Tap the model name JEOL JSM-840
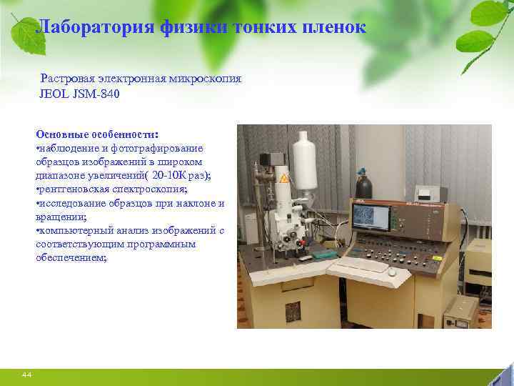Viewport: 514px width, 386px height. pyautogui.click(x=74, y=94)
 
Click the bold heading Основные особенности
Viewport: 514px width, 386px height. pyautogui.click(x=96, y=134)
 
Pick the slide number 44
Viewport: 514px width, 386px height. pyautogui.click(x=26, y=375)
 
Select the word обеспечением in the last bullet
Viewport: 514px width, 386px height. pyautogui.click(x=71, y=257)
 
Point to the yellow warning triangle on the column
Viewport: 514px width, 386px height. pyautogui.click(x=285, y=179)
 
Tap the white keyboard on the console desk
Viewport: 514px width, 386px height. pyautogui.click(x=361, y=266)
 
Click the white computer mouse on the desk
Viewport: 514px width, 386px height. pyautogui.click(x=392, y=272)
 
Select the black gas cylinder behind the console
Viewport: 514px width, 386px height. pyautogui.click(x=364, y=187)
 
